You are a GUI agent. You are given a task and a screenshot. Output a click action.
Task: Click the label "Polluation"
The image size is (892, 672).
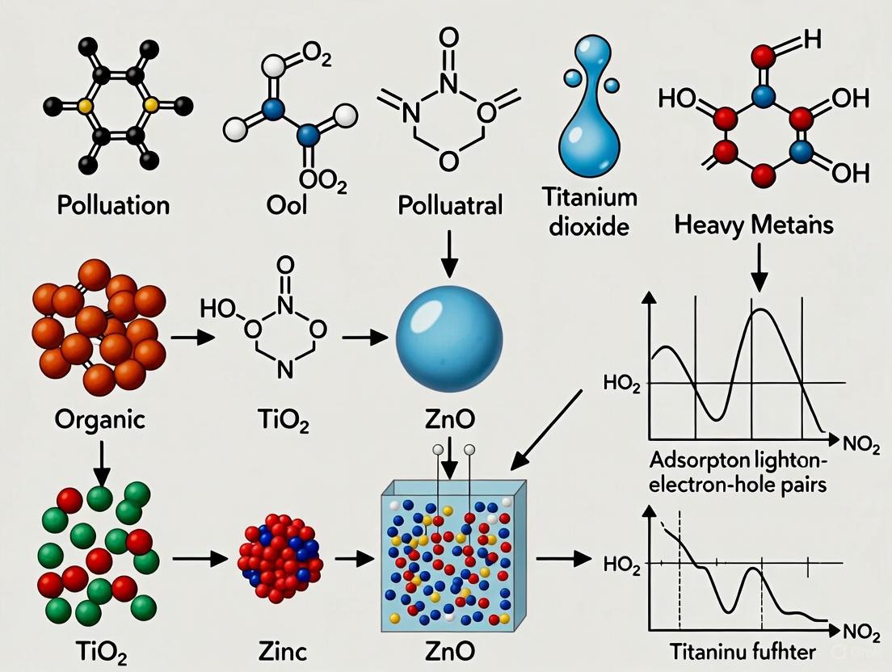click(x=113, y=204)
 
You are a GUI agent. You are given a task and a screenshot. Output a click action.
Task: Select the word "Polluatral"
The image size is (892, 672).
click(x=450, y=204)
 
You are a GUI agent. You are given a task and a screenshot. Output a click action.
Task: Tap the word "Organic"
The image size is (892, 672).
click(x=101, y=420)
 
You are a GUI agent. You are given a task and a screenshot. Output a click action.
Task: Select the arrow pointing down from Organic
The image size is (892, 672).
click(x=101, y=460)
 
